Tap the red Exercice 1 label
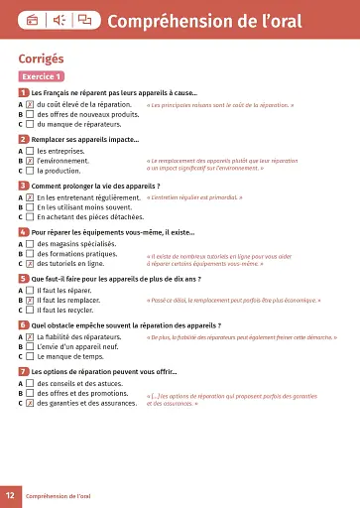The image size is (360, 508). pos(43,76)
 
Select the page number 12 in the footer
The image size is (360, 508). pos(10,494)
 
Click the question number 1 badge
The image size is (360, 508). pos(23,92)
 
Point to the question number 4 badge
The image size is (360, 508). pos(23,232)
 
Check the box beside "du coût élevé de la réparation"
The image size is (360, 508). pos(30,104)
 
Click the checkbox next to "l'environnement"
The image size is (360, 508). pos(30,160)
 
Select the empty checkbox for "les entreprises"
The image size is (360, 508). pos(30,150)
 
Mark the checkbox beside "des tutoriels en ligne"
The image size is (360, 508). pos(30,264)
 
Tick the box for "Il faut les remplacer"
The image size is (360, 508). pos(30,299)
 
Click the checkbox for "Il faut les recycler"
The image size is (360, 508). pos(30,310)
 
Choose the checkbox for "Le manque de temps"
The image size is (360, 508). pos(30,355)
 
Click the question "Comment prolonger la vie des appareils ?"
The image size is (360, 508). pos(95,186)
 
